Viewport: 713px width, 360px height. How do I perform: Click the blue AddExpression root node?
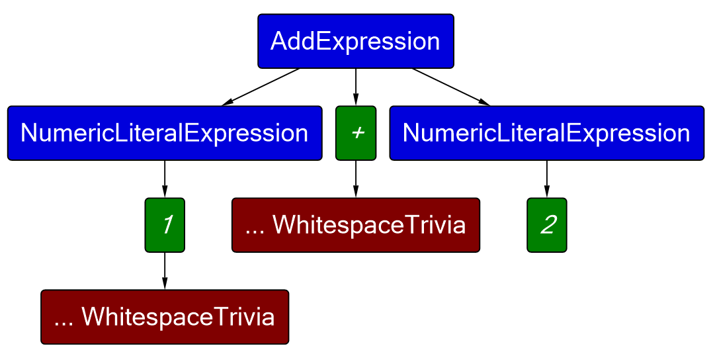356,42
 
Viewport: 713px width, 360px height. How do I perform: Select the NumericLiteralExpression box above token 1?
165,134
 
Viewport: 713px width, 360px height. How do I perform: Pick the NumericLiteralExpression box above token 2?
546,134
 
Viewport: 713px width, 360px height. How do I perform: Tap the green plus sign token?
356,134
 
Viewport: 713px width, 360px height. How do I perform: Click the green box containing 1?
165,225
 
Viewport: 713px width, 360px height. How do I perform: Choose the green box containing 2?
546,225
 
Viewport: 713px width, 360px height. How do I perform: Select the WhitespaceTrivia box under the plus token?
356,225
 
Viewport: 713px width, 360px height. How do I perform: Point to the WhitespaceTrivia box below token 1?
165,317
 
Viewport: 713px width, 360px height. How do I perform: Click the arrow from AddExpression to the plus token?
356,87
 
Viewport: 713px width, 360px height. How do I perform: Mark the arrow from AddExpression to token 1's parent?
261,87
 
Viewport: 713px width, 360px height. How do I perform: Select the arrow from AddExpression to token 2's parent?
451,87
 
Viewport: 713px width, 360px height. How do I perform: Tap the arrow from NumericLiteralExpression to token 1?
165,179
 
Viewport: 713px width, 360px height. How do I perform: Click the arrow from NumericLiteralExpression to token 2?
546,179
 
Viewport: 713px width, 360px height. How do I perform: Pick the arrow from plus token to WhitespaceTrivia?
356,179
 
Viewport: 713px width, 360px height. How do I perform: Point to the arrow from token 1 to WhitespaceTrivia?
165,271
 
